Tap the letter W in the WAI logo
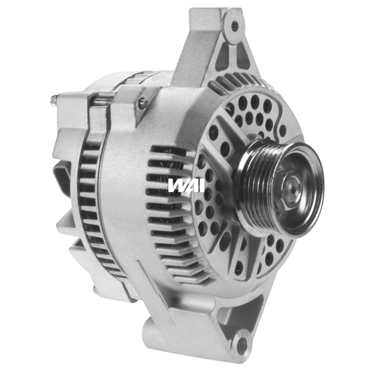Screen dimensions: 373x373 [176, 185]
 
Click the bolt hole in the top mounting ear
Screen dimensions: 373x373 [234, 25]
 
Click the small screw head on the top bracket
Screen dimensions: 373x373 [142, 103]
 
